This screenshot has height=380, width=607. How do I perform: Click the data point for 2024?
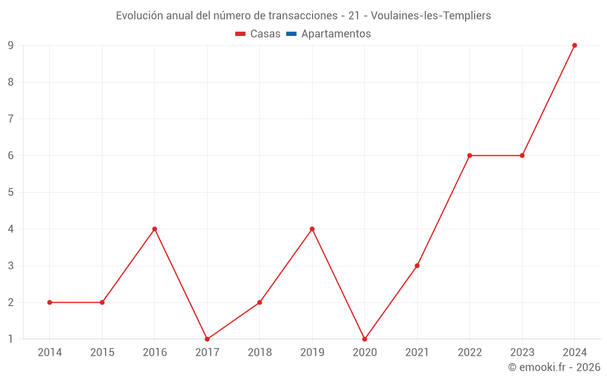pyautogui.click(x=574, y=46)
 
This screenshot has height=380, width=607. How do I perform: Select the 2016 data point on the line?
pyautogui.click(x=155, y=229)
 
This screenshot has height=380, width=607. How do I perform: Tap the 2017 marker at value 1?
pyautogui.click(x=207, y=339)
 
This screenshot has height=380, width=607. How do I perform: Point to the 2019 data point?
pyautogui.click(x=312, y=229)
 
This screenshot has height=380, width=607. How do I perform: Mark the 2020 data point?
pyautogui.click(x=365, y=339)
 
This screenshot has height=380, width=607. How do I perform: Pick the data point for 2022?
pyautogui.click(x=470, y=156)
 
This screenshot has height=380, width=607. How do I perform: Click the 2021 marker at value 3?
pyautogui.click(x=417, y=266)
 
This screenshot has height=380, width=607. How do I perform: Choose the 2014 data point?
pyautogui.click(x=50, y=302)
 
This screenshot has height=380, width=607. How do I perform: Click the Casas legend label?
pyautogui.click(x=265, y=34)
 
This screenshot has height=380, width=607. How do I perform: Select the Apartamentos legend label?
pyautogui.click(x=336, y=34)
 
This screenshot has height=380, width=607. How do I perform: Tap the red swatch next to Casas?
pyautogui.click(x=240, y=34)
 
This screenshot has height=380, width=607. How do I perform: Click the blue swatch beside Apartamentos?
pyautogui.click(x=291, y=34)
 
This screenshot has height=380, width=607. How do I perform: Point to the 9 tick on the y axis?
pyautogui.click(x=11, y=46)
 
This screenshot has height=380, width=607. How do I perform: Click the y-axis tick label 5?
pyautogui.click(x=11, y=192)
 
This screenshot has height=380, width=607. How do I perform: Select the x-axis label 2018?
pyautogui.click(x=260, y=353)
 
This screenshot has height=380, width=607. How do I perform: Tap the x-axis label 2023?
pyautogui.click(x=522, y=353)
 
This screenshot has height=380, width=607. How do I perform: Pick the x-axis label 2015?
pyautogui.click(x=102, y=353)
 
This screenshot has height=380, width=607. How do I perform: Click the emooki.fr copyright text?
pyautogui.click(x=554, y=367)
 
